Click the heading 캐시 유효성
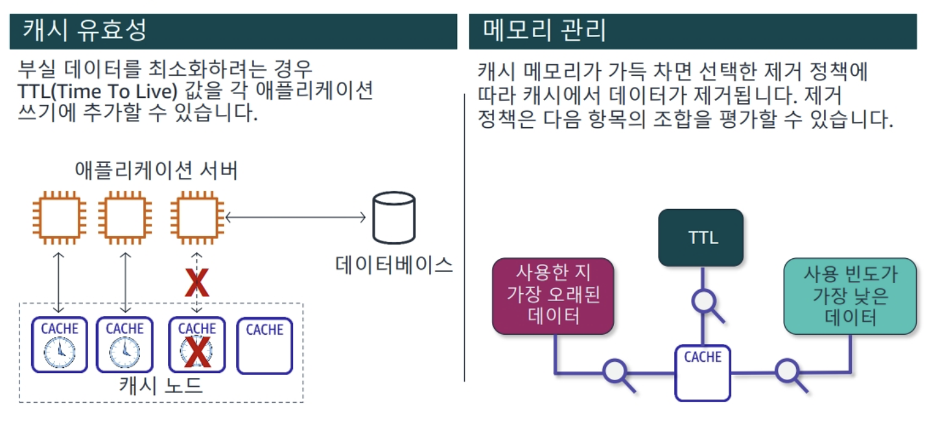point(85,30)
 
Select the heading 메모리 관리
point(545,30)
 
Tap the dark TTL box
point(700,237)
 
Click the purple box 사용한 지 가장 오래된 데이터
point(553,296)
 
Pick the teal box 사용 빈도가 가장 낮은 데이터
point(850,296)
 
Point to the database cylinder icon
point(393,217)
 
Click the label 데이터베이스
point(394,265)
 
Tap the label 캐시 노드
point(161,385)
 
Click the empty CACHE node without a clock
point(264,346)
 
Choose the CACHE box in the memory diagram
point(703,372)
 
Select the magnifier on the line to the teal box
point(789,373)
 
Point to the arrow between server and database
point(296,217)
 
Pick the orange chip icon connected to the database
point(197,217)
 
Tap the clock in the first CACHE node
point(59,354)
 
